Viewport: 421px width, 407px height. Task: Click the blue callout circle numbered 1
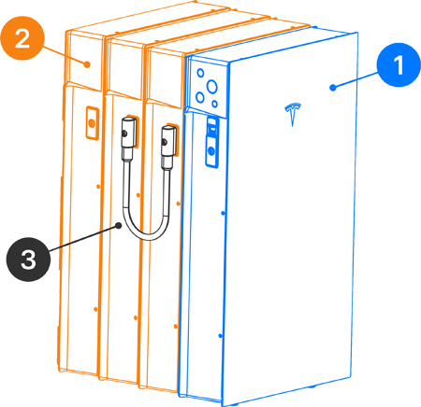399,65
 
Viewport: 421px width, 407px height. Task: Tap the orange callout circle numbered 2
22,38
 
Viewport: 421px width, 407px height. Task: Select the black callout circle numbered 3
28,260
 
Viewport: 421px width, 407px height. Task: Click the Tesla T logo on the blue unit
293,114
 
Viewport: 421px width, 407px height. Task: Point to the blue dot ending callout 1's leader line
333,88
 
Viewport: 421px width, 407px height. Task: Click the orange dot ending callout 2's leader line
88,64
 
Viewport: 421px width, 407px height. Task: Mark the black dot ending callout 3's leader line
119,226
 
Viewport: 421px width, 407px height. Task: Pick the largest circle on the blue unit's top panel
211,86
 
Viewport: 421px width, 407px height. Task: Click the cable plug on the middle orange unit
128,133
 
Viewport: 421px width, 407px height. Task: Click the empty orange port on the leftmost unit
92,123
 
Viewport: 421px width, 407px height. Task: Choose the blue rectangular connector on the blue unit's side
212,142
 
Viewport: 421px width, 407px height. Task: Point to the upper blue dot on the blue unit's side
223,213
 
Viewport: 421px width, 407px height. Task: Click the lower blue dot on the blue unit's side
221,336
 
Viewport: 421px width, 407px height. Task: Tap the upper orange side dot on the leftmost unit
98,186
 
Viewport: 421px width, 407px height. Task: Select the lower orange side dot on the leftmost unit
95,309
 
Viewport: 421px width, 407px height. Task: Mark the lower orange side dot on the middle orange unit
136,317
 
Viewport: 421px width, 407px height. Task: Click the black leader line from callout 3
83,238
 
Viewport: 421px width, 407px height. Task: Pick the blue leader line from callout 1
356,80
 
